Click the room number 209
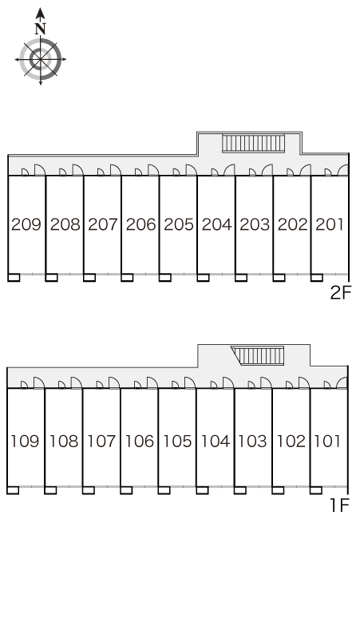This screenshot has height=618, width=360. (x=26, y=224)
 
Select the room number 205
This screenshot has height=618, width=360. (x=179, y=224)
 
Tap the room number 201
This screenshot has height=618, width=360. (x=330, y=224)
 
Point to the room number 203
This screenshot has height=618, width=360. (x=255, y=224)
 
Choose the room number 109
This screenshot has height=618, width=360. (x=25, y=441)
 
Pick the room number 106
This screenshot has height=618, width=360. (x=139, y=441)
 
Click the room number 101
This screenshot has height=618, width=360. (x=327, y=441)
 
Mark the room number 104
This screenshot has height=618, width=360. (x=216, y=441)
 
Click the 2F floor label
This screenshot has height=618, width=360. (x=340, y=293)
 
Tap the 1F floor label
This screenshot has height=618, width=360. (x=339, y=505)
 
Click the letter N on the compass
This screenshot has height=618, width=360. (x=40, y=29)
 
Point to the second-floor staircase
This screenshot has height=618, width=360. (x=253, y=143)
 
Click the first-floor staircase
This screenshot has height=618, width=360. (x=258, y=356)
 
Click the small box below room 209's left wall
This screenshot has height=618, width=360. (x=14, y=278)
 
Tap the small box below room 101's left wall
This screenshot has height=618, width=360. (x=316, y=490)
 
